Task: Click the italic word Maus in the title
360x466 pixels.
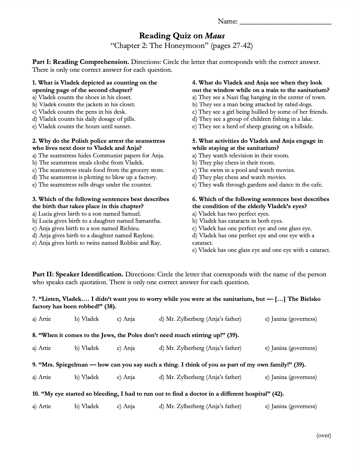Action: (215, 36)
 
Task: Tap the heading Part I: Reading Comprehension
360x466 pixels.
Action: (81, 62)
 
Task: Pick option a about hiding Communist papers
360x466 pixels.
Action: (98, 156)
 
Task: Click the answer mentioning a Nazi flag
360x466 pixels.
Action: (259, 97)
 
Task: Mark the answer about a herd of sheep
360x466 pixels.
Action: (253, 126)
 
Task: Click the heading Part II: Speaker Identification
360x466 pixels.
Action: (78, 275)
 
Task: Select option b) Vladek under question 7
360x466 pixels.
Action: (87, 319)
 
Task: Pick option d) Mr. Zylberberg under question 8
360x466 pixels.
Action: (200, 348)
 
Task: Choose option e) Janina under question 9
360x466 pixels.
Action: (291, 377)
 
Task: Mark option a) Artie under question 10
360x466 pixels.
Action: (42, 406)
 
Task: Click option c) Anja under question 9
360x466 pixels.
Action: (126, 377)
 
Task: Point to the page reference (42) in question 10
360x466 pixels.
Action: (278, 394)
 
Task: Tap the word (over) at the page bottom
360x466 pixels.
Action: (323, 435)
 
